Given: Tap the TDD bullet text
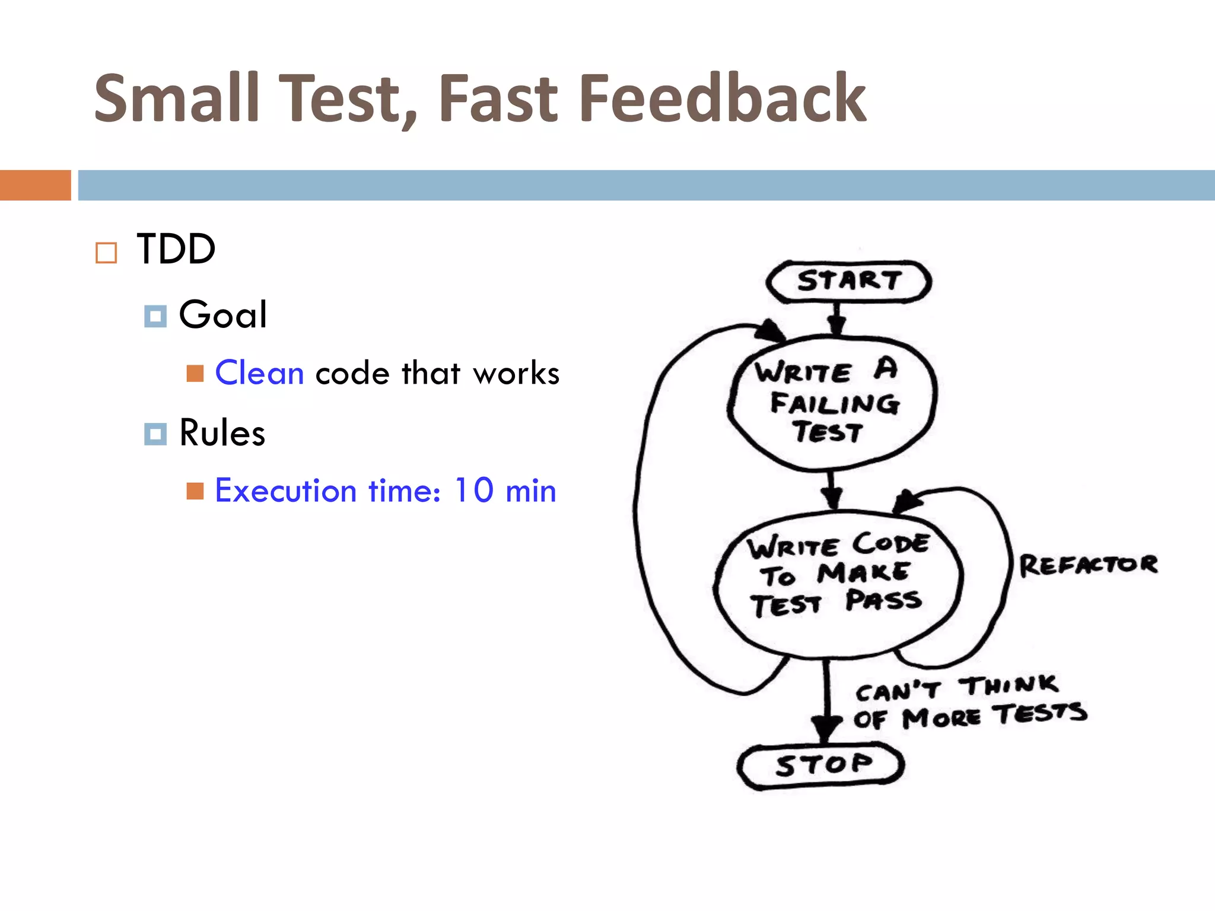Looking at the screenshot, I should pyautogui.click(x=176, y=249).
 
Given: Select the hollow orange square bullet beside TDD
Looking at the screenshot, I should pyautogui.click(x=106, y=253).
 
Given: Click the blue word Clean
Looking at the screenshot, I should pyautogui.click(x=259, y=373).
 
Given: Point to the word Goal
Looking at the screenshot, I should pyautogui.click(x=222, y=314).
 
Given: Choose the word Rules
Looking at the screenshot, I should pyautogui.click(x=222, y=433).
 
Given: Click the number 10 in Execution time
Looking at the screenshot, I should pyautogui.click(x=473, y=490).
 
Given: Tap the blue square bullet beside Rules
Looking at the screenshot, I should pyautogui.click(x=155, y=434).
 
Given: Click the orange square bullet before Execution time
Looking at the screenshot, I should pyautogui.click(x=195, y=491).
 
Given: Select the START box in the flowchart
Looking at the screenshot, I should pyautogui.click(x=848, y=281).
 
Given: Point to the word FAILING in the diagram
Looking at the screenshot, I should pyautogui.click(x=835, y=404).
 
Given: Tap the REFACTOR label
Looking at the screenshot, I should pyautogui.click(x=1088, y=565).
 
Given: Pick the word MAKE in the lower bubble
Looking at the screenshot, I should pyautogui.click(x=863, y=573).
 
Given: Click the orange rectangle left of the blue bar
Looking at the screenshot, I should pyautogui.click(x=36, y=185).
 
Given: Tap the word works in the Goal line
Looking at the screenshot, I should pyautogui.click(x=516, y=374).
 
